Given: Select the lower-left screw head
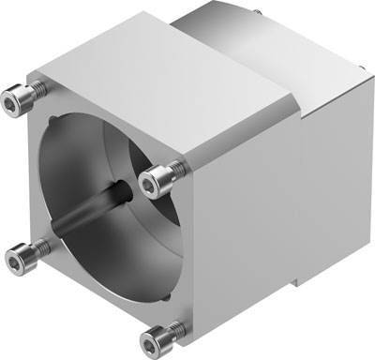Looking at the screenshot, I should pos(18,249).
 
